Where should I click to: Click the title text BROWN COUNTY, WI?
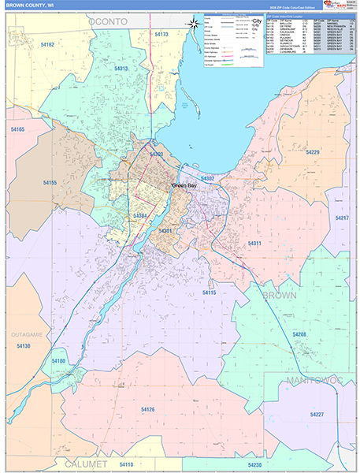click(29, 5)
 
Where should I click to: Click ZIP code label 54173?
click(161, 35)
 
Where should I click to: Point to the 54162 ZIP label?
click(46, 45)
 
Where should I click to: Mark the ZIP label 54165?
click(17, 129)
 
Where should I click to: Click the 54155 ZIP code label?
click(50, 183)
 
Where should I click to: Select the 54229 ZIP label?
click(313, 152)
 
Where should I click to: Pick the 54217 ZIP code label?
click(342, 218)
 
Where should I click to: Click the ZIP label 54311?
click(254, 244)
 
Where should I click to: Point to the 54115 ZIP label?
click(209, 292)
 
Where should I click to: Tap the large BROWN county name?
click(280, 295)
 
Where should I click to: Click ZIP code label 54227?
click(317, 414)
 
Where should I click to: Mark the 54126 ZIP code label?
click(148, 410)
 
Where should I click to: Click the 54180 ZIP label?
click(58, 361)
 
